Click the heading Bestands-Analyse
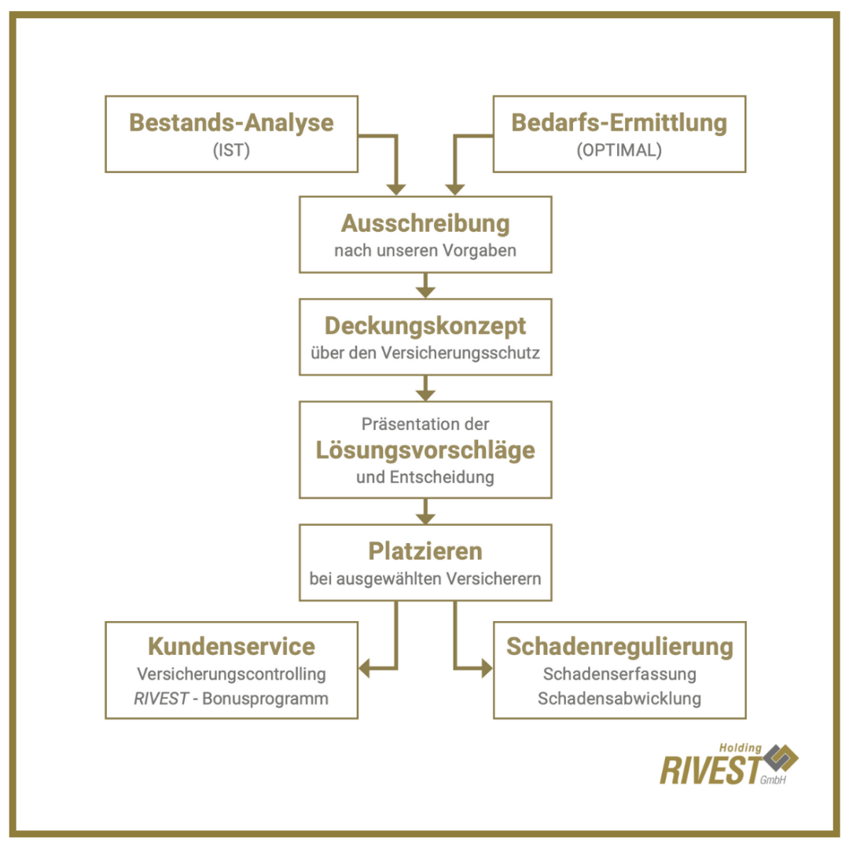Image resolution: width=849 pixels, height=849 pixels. (x=231, y=123)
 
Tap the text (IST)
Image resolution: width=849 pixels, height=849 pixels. (x=231, y=150)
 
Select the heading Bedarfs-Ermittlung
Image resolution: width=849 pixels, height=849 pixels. (x=619, y=123)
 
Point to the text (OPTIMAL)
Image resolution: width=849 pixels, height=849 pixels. (x=619, y=150)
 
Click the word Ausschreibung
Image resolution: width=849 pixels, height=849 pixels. (x=425, y=223)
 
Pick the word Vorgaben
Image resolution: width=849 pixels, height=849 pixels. (x=480, y=250)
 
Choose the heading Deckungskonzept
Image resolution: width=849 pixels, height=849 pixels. (x=425, y=326)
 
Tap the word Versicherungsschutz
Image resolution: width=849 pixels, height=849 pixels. (x=460, y=353)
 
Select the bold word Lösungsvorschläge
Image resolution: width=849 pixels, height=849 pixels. (x=425, y=450)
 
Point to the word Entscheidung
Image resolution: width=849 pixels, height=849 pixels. (x=442, y=477)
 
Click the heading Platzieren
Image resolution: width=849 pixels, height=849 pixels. (x=425, y=551)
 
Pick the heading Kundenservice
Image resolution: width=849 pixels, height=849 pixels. (x=231, y=646)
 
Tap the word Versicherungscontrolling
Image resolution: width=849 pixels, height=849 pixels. (x=231, y=674)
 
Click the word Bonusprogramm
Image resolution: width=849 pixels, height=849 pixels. (x=266, y=699)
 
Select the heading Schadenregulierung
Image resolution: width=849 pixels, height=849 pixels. (x=619, y=646)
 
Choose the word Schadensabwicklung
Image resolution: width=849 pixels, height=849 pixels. (x=619, y=699)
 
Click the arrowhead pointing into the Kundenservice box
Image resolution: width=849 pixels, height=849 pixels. (x=365, y=668)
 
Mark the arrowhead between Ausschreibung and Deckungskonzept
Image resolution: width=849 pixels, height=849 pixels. (x=425, y=292)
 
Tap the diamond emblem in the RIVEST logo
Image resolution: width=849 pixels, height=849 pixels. (x=781, y=758)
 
